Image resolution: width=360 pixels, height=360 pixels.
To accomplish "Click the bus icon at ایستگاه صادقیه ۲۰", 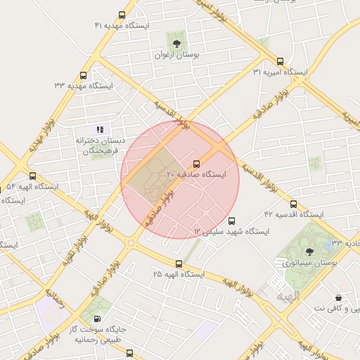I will tap(196, 162).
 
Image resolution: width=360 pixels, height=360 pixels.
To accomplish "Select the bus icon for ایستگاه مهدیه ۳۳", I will tap(84, 75).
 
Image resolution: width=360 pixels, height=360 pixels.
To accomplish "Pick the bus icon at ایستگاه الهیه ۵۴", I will tap(32, 176).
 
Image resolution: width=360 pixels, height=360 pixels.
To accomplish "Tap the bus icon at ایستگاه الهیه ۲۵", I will tap(179, 264).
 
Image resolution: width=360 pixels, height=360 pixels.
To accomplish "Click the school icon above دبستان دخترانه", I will tap(100, 129).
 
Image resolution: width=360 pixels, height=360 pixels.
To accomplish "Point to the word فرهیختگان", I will tap(99, 151).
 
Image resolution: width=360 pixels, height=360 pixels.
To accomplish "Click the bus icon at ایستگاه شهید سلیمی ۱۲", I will tap(233, 221).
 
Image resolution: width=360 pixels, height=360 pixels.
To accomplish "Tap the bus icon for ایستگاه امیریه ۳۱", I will tap(281, 61).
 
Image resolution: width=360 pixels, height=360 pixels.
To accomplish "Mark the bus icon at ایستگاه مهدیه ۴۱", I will tap(122, 14).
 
